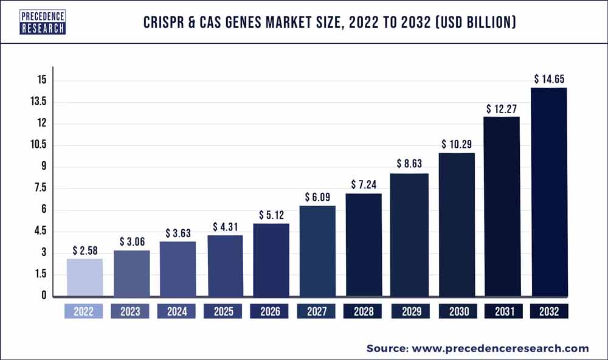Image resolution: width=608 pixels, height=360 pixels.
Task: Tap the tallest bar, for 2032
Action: point(549,192)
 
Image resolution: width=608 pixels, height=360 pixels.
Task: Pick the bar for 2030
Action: point(456,225)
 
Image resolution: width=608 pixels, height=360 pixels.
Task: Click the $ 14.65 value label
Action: point(549,79)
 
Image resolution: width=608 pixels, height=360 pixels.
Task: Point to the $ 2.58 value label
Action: point(84,250)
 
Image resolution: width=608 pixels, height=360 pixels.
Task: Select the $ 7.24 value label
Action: point(363,185)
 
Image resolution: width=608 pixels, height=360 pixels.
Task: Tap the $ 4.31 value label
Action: point(224,227)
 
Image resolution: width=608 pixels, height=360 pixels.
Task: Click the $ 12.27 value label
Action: point(502,108)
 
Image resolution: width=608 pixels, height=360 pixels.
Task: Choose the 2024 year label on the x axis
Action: point(177,311)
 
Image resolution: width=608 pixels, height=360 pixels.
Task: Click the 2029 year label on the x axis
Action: point(409,311)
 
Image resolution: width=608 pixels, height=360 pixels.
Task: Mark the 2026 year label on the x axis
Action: point(270,311)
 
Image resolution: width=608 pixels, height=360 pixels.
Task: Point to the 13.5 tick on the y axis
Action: point(38,102)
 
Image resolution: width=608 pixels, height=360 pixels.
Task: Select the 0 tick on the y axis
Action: point(44,296)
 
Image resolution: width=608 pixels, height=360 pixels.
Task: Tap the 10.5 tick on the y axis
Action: point(38,145)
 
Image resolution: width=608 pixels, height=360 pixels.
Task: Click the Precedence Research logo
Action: point(43,21)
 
